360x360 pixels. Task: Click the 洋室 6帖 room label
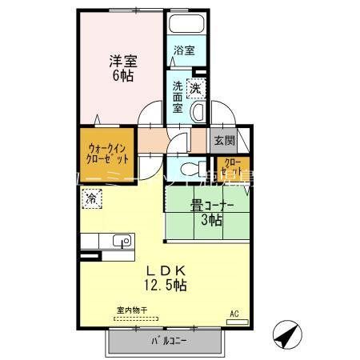122,62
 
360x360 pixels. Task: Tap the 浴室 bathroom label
184,50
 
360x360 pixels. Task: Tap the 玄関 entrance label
224,141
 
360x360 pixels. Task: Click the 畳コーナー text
212,205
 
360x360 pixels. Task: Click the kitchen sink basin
121,241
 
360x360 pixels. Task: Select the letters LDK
166,270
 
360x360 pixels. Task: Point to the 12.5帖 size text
166,285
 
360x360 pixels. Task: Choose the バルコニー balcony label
166,342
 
